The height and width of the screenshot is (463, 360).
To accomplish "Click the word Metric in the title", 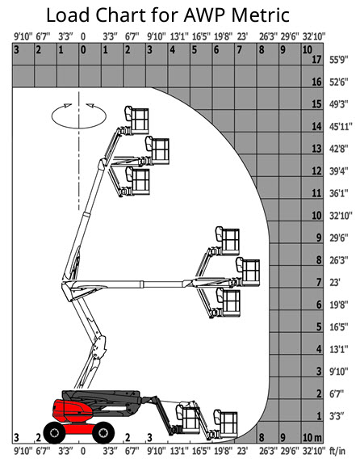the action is tap(261, 15).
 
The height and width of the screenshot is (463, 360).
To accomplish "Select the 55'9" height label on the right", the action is tap(339, 60).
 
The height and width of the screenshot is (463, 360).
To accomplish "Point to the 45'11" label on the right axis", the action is tap(341, 127).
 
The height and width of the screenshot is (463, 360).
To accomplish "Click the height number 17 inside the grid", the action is tap(316, 60).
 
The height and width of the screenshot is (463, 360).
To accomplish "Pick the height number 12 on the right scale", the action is tap(316, 171).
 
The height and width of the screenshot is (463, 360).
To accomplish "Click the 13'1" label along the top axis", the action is tap(179, 37).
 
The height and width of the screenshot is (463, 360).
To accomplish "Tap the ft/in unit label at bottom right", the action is tap(337, 451).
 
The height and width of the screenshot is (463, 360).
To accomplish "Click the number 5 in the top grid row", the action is tap(195, 50).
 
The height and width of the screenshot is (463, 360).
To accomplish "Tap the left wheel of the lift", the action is tap(54, 432).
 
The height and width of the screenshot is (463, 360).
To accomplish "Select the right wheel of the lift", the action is tap(103, 432).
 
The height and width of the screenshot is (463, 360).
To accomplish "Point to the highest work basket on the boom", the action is tap(137, 120).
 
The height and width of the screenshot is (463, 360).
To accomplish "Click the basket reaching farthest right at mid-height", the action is tap(248, 272).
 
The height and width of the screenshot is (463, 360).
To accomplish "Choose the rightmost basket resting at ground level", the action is tap(226, 423).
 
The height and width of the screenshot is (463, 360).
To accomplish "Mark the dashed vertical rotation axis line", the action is tap(79, 150).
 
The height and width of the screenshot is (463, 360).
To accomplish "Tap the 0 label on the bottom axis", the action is tap(83, 451).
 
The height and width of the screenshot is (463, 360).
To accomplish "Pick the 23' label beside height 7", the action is tap(335, 283).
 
